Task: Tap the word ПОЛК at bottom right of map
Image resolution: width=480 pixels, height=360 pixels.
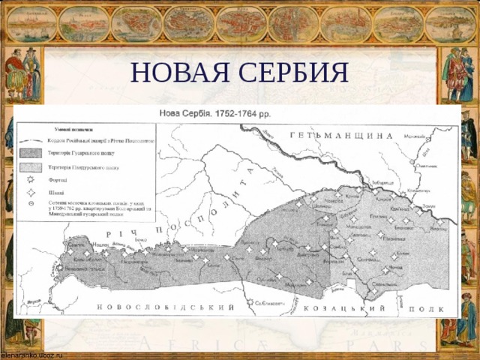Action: [x=436, y=309]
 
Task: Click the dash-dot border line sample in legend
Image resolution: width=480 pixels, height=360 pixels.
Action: [x=31, y=141]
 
